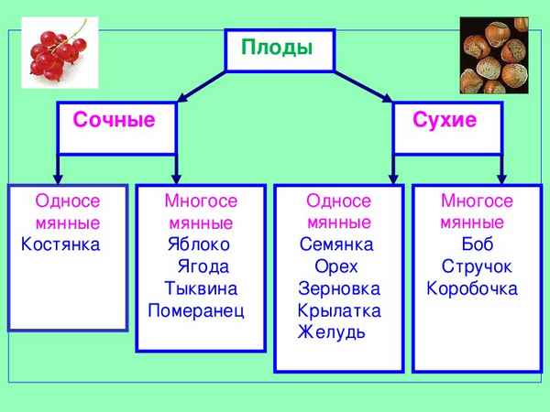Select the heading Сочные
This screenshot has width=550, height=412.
click(x=114, y=120)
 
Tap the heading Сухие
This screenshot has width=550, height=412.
click(x=445, y=120)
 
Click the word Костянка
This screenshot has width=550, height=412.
click(x=60, y=244)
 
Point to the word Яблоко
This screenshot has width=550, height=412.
click(x=199, y=244)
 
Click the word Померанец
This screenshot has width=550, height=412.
click(x=196, y=310)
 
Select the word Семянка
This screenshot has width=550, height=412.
click(x=336, y=244)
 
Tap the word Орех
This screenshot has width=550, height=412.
click(x=335, y=266)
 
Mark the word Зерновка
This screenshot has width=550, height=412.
click(x=338, y=288)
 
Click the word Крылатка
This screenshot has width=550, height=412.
click(x=338, y=310)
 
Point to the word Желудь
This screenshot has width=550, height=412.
click(x=331, y=331)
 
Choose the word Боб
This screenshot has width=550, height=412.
click(x=478, y=244)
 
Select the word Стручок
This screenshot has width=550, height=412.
click(x=477, y=266)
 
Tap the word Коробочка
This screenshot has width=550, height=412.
click(x=472, y=288)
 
